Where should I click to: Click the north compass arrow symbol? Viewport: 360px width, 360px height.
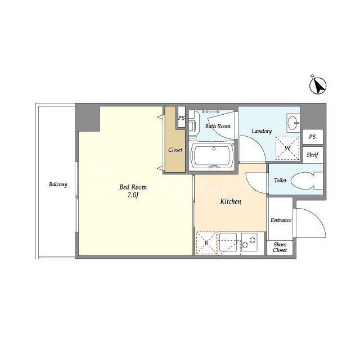[x=318, y=86]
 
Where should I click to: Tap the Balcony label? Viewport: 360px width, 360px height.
[x=58, y=184]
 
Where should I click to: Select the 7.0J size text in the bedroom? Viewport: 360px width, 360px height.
[x=133, y=195]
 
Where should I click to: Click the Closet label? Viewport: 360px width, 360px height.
[x=175, y=150]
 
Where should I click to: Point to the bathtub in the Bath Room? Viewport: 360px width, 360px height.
[x=213, y=156]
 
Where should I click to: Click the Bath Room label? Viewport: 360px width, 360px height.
[x=218, y=126]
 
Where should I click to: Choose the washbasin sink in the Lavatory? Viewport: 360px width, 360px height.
[x=293, y=123]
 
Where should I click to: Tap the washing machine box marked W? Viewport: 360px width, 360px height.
[x=287, y=148]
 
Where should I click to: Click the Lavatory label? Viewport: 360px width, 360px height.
[x=262, y=131]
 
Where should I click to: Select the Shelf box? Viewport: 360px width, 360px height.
[x=313, y=155]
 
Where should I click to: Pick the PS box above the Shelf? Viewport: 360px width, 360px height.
[x=313, y=137]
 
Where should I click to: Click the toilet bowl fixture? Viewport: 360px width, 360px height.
[x=306, y=181]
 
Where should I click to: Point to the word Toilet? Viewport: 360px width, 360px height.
[x=280, y=181]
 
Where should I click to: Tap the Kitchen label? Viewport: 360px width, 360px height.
[x=231, y=201]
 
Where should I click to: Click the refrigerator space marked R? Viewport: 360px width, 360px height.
[x=206, y=243]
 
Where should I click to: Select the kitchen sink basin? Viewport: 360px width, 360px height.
[x=228, y=242]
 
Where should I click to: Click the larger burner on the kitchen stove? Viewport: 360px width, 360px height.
[x=253, y=240]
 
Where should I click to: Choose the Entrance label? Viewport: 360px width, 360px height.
[x=281, y=220]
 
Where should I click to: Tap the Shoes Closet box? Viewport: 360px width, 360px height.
[x=280, y=247]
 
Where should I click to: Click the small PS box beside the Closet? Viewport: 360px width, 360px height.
[x=182, y=117]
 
